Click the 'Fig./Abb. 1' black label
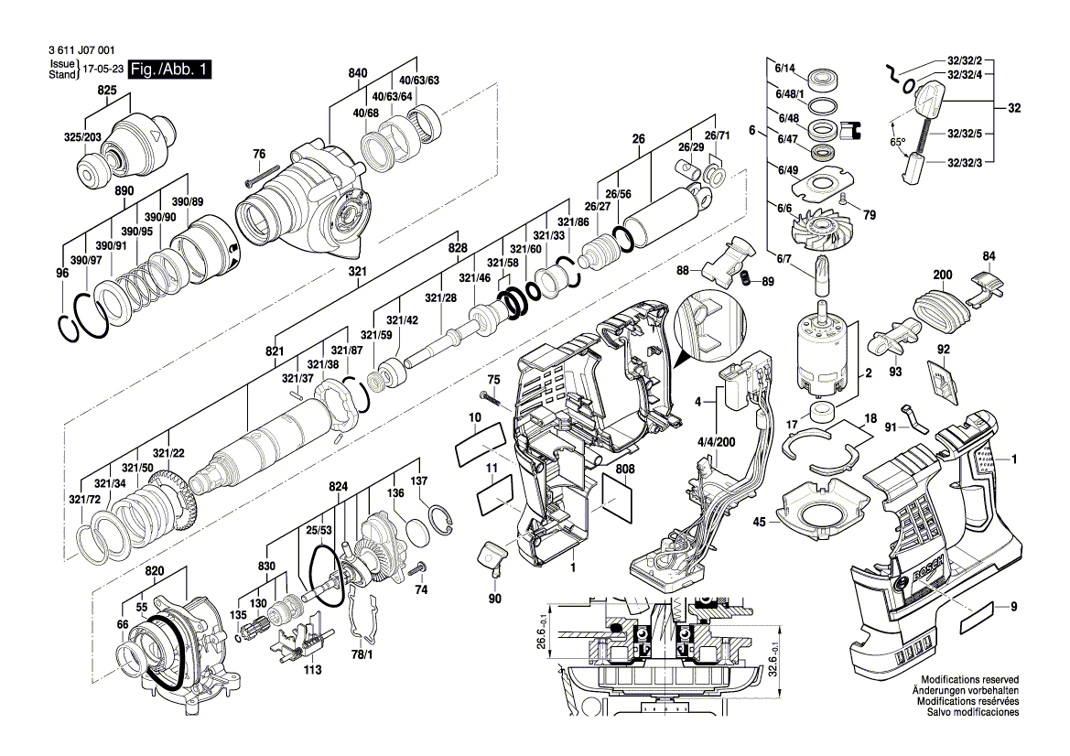coord(171,70)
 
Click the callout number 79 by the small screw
coord(870,216)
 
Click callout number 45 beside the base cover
coord(759,523)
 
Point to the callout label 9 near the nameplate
coord(1013,605)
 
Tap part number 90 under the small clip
coord(495,599)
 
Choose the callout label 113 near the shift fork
coord(313,670)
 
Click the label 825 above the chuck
coord(107,92)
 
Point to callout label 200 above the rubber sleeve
coord(942,275)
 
